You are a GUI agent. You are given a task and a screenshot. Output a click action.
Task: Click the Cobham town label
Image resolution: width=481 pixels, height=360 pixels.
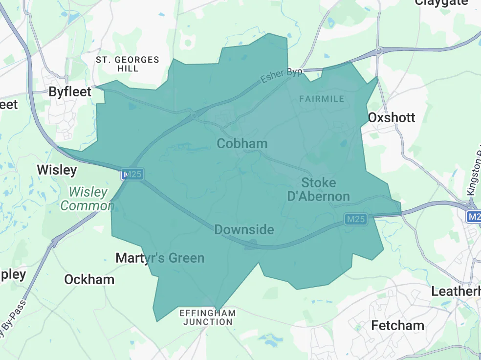coord(242,143)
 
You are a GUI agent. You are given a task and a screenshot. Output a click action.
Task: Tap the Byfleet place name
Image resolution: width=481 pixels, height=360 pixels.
coord(70,91)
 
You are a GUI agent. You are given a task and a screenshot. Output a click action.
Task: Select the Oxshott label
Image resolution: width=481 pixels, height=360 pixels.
coord(391,117)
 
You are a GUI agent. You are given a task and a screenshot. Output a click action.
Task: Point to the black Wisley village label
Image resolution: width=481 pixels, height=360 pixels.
coord(57,170)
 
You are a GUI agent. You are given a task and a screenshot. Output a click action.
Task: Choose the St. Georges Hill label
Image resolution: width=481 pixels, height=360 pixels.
coord(128,64)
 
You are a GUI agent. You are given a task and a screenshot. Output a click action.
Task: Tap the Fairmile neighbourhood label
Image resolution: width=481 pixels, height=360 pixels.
coord(321,99)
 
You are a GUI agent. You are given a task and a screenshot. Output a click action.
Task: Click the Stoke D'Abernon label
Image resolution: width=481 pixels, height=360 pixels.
coord(318,190)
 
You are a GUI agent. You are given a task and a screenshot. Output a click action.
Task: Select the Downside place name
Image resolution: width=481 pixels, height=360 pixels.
coord(244,229)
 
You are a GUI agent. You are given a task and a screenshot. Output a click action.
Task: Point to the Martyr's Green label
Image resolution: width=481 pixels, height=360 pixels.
coord(160,258)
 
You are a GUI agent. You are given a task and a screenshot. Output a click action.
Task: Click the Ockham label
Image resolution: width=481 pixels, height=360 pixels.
coord(89,279)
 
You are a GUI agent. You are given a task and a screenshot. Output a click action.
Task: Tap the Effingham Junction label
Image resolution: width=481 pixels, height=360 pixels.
coord(208,317)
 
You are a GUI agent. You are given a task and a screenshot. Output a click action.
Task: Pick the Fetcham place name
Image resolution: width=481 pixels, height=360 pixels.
coord(397,325)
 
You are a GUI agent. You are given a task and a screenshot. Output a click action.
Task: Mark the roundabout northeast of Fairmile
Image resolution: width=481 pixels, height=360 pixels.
coord(379,50)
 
